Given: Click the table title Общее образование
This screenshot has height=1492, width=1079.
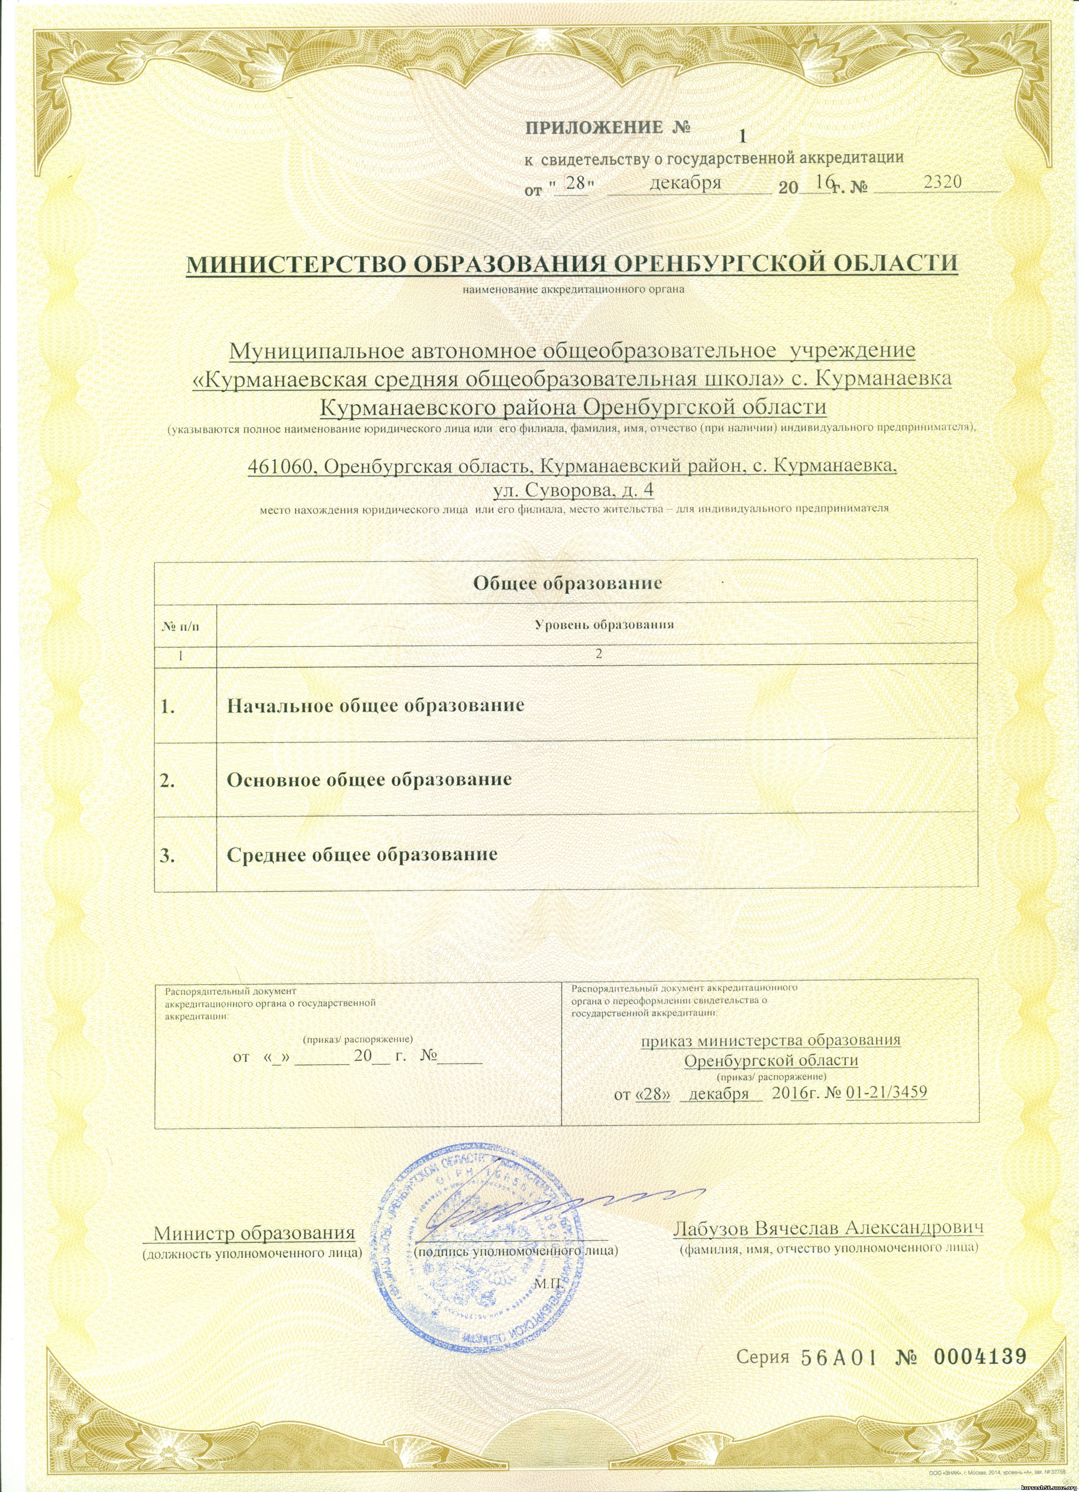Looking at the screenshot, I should tap(566, 583).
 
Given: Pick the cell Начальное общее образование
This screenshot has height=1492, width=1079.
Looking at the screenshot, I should tap(375, 706).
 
